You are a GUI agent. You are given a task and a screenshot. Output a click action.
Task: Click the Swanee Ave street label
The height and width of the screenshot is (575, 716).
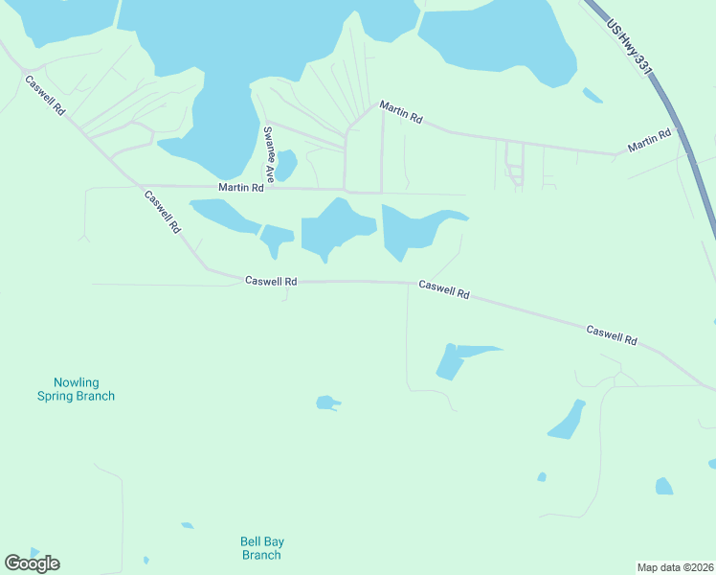tap(270, 153)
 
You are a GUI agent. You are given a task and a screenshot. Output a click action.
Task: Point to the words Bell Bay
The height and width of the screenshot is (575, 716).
tap(261, 541)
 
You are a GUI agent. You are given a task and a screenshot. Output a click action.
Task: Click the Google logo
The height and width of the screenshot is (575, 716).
tap(32, 563)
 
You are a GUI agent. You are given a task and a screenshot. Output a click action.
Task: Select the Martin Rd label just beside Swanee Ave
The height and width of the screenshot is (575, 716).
tap(240, 188)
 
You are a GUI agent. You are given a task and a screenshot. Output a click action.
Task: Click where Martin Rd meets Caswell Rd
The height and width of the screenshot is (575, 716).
tap(140, 186)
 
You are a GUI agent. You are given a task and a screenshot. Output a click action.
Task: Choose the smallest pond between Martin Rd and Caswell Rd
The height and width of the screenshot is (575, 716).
tap(277, 238)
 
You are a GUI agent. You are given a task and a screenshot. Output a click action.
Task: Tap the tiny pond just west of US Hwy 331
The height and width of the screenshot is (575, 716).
tap(593, 95)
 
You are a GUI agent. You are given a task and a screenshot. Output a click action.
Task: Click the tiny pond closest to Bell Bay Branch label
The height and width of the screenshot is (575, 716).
tap(188, 525)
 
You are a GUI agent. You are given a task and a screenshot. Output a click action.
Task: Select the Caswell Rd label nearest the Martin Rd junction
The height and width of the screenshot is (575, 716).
tap(162, 212)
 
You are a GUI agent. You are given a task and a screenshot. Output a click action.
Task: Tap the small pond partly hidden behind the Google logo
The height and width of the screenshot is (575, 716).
tap(34, 553)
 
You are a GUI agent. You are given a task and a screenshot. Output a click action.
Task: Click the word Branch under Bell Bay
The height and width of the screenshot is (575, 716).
tap(261, 555)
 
